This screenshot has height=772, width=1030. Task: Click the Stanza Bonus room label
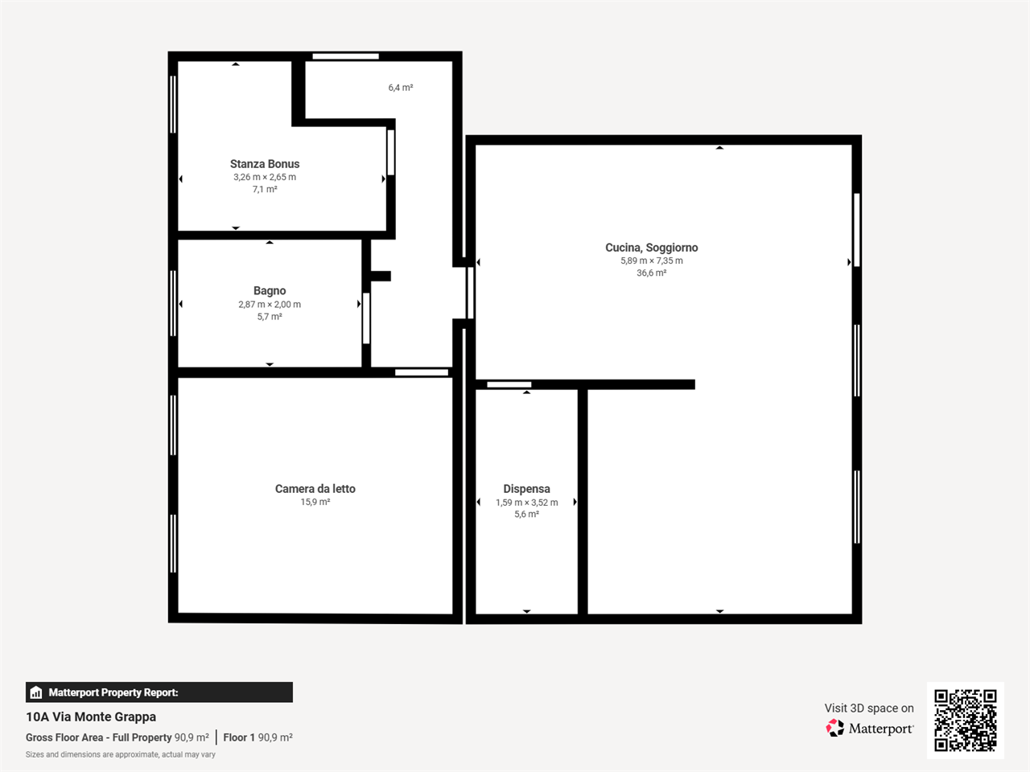(265, 164)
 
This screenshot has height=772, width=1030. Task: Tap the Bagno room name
(270, 291)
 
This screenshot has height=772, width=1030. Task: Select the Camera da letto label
(315, 489)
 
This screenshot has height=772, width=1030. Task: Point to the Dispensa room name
(526, 489)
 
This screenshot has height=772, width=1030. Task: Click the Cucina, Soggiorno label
(651, 248)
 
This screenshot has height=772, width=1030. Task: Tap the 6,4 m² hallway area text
(400, 88)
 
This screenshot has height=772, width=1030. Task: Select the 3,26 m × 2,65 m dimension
(265, 177)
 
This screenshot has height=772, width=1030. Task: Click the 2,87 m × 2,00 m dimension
(270, 304)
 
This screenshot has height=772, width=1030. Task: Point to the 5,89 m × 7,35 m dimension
(651, 261)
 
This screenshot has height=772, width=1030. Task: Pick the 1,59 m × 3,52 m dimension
(526, 503)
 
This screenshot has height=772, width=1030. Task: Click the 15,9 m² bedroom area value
(315, 502)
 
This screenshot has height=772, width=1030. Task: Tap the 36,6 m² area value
(651, 273)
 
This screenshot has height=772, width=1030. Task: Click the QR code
(966, 721)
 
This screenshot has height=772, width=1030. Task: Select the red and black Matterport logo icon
(834, 728)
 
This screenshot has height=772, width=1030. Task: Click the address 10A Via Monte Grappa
(91, 717)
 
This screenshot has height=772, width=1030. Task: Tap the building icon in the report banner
(36, 692)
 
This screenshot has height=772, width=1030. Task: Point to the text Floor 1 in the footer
(239, 737)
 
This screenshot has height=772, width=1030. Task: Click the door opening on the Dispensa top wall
(509, 384)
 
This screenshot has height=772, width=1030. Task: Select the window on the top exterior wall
(346, 56)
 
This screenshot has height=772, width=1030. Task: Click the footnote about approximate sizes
(121, 754)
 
